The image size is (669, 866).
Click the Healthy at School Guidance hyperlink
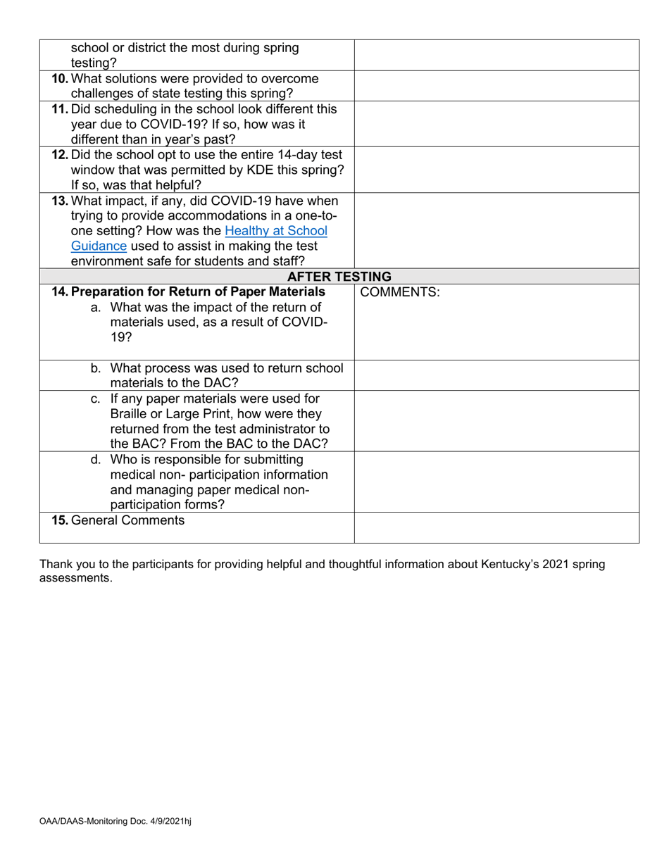276,230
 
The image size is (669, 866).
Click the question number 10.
61,78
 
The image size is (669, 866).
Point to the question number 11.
61,109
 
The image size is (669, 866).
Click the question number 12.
61,155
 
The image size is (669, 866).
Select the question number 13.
61,201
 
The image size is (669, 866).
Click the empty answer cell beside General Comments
496,527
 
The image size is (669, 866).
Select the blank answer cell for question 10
496,86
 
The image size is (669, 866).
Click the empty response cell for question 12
496,170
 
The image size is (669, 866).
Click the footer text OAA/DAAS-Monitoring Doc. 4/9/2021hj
115,822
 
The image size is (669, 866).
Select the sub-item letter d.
96,460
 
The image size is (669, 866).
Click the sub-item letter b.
96,368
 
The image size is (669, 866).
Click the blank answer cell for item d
496,481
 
